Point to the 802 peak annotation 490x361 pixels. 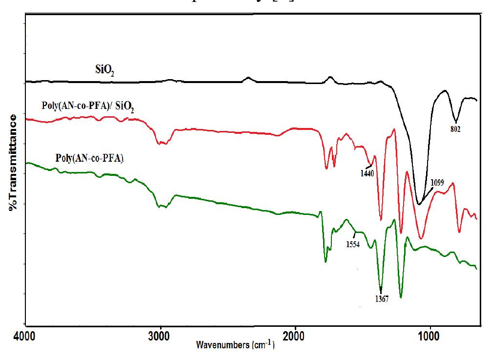point(455,129)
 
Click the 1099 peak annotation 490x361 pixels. point(437,183)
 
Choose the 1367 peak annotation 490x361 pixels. point(381,299)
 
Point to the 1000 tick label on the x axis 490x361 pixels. point(430,337)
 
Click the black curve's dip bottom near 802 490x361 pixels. point(455,121)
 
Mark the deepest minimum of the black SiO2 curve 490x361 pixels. point(419,204)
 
